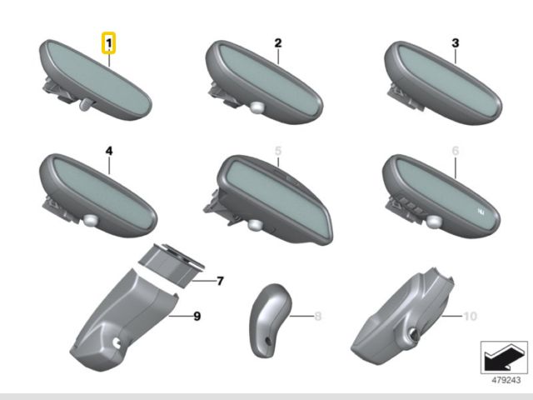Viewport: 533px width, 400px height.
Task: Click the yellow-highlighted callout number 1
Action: (109, 43)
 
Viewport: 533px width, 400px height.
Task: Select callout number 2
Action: (278, 43)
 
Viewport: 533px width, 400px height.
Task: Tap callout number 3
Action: (456, 43)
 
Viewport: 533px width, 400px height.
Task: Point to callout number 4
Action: (109, 151)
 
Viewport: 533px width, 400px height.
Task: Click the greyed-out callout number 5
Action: (278, 151)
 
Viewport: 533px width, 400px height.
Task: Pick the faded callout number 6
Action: (456, 151)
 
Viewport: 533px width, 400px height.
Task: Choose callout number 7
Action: (220, 281)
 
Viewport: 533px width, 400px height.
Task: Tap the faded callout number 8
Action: (318, 317)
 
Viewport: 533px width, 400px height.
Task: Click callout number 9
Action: (197, 317)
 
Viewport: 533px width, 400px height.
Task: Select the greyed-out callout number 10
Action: (471, 317)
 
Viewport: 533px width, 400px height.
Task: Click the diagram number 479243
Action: (506, 380)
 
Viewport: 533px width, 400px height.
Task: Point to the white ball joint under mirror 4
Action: (91, 219)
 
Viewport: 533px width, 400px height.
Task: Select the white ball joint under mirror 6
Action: (433, 221)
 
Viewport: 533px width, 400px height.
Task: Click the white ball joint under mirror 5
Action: (255, 224)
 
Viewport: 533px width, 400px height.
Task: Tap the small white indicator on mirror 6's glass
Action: (481, 212)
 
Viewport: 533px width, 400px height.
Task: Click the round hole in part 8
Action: (268, 340)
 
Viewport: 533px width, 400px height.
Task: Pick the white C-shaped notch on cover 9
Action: (117, 342)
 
